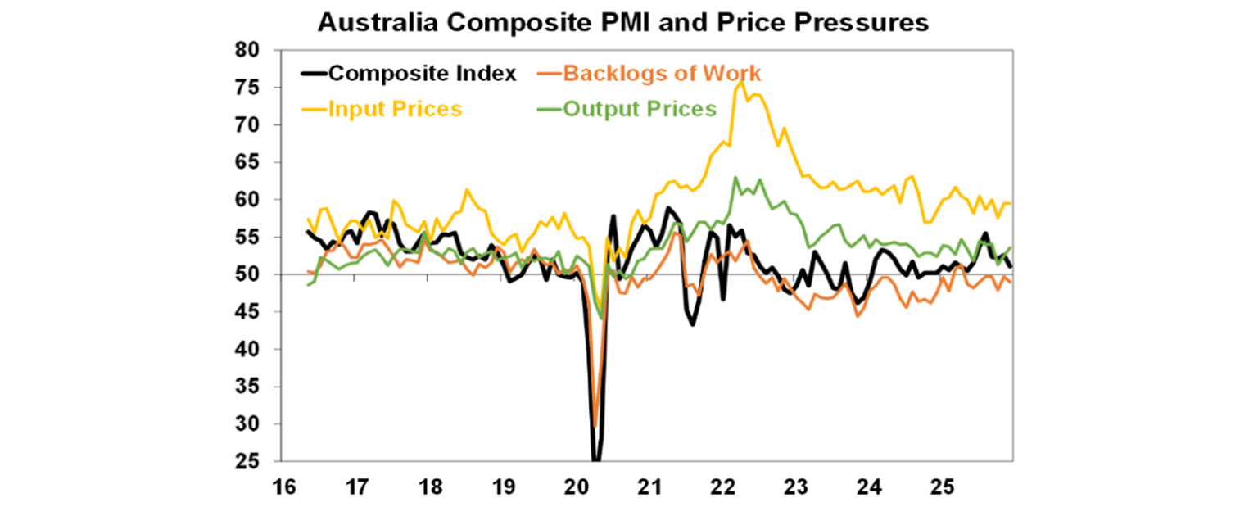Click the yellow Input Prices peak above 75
741,81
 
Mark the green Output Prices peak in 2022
735,178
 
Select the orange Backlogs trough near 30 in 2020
595,426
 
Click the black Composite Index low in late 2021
693,324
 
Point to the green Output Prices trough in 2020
602,318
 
